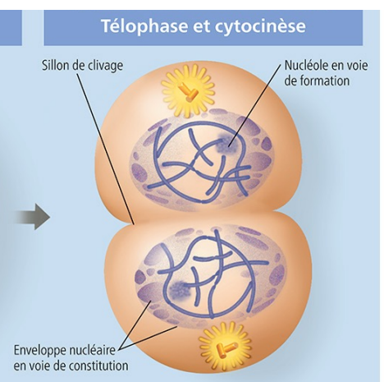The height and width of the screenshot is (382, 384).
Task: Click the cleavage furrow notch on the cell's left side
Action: [x=135, y=220]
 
